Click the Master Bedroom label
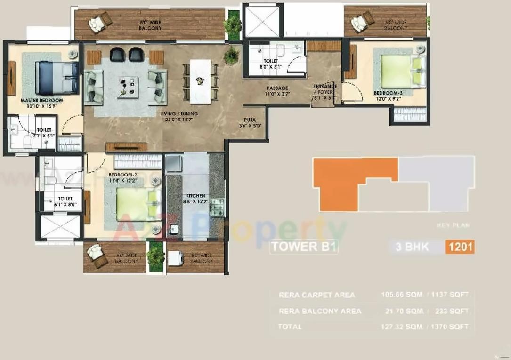point(42,101)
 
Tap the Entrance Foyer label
point(325,89)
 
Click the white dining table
point(200,81)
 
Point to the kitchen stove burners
point(217,207)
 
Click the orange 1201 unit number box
point(460,247)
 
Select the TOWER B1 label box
point(304,247)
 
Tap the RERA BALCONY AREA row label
point(320,311)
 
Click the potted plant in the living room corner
point(231,56)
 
